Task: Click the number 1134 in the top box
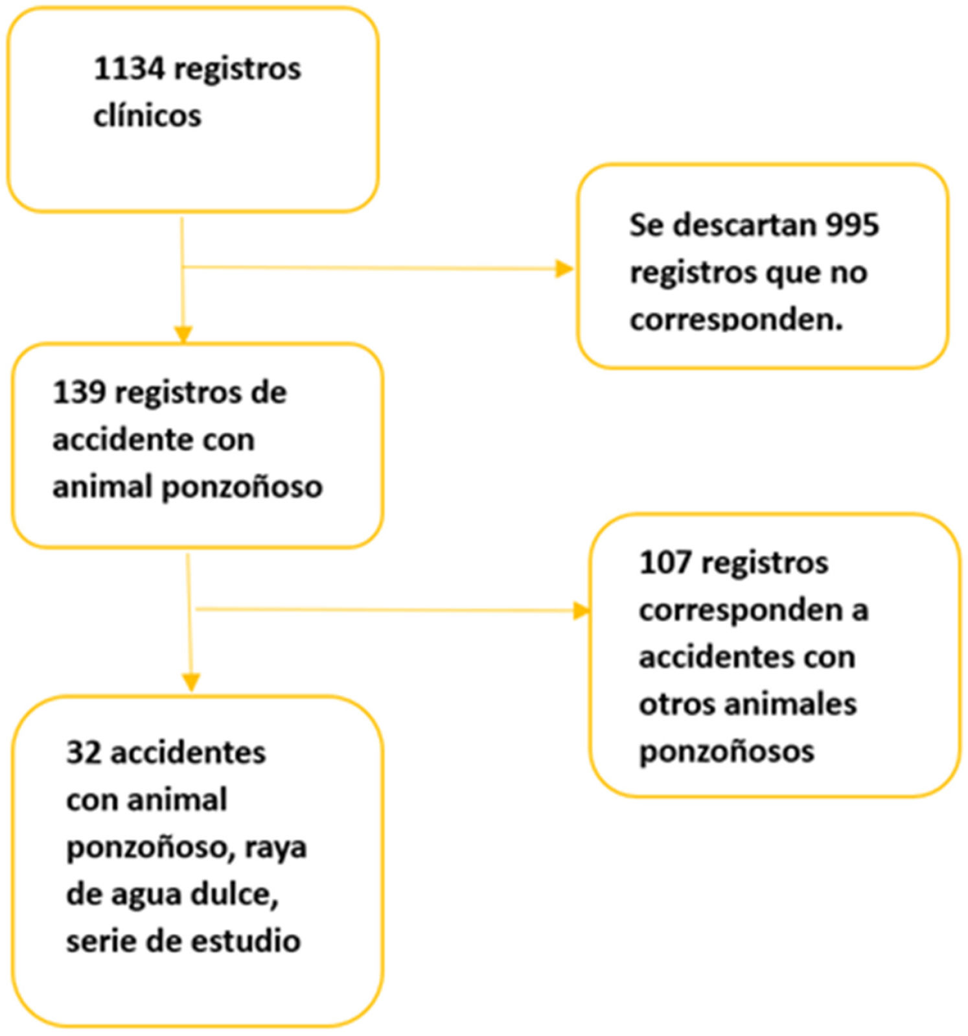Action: point(129,69)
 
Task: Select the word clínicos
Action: point(147,116)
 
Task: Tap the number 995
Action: point(853,225)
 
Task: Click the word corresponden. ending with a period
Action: point(736,319)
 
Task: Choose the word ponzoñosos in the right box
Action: point(726,751)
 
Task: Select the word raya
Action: point(275,848)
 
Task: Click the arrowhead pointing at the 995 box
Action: point(564,268)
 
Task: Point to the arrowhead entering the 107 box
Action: point(581,611)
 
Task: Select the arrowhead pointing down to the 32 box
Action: point(191,682)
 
